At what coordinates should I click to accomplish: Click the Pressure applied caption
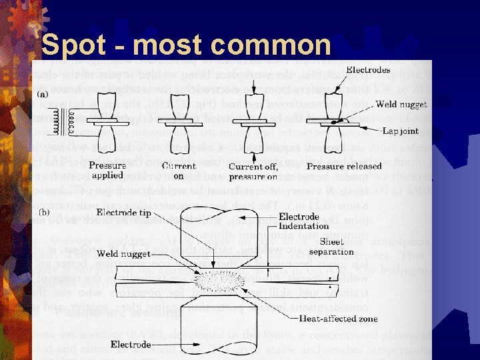coord(109,170)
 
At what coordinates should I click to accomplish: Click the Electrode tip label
coord(127,213)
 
